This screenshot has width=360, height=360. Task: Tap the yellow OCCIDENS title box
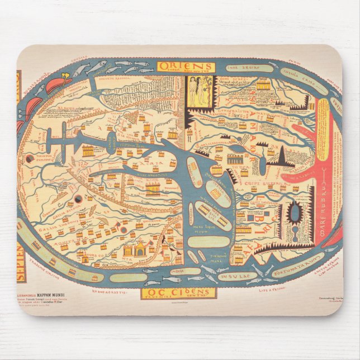tap(179, 293)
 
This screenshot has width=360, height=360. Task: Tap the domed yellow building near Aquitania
tap(136, 248)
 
